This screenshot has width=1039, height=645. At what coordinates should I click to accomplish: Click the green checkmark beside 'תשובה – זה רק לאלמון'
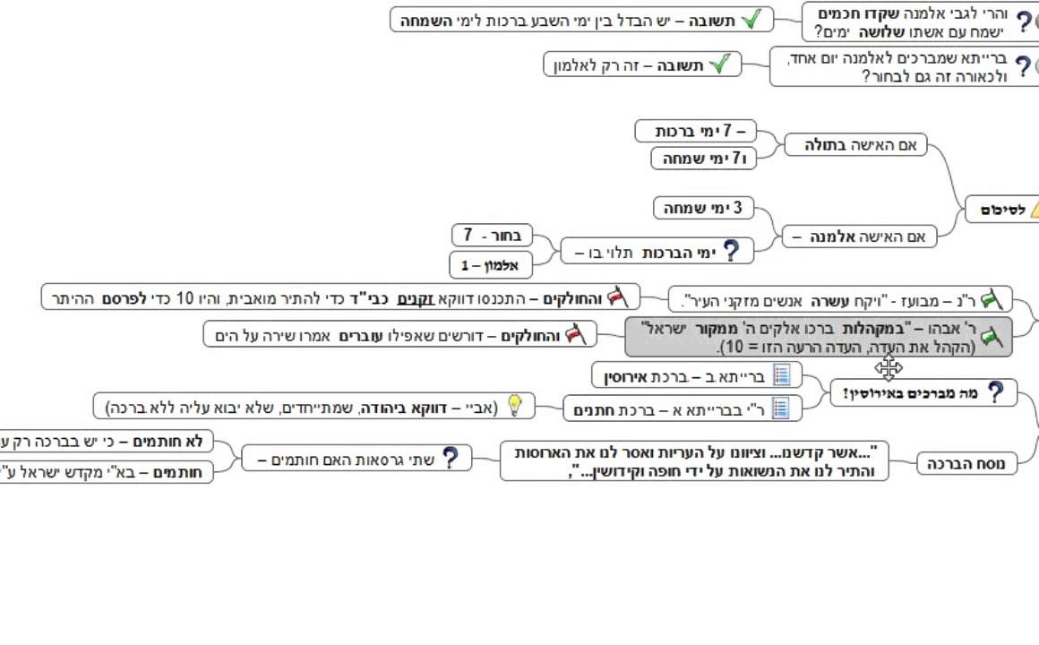pyautogui.click(x=720, y=64)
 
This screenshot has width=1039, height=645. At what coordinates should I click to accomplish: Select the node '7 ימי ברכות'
pyautogui.click(x=694, y=132)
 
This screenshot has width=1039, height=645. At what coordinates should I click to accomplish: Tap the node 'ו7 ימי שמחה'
pyautogui.click(x=703, y=159)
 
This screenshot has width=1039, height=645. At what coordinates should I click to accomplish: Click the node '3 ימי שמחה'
pyautogui.click(x=703, y=209)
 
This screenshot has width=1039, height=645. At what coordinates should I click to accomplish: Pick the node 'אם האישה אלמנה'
pyautogui.click(x=859, y=237)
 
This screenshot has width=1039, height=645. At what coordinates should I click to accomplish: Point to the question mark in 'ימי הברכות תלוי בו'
pyautogui.click(x=732, y=252)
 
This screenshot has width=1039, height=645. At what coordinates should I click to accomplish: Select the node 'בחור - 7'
pyautogui.click(x=492, y=236)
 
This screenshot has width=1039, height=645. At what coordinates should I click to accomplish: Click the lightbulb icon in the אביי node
pyautogui.click(x=515, y=407)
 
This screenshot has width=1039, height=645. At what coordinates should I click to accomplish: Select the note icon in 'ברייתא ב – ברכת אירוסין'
pyautogui.click(x=781, y=374)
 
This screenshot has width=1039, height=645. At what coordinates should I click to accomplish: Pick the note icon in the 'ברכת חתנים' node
pyautogui.click(x=781, y=408)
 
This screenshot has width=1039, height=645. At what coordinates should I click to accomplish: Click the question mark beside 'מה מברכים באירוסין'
pyautogui.click(x=996, y=392)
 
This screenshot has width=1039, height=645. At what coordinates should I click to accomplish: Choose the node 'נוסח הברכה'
pyautogui.click(x=967, y=463)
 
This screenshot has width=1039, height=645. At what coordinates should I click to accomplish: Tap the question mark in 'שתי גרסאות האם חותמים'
pyautogui.click(x=451, y=459)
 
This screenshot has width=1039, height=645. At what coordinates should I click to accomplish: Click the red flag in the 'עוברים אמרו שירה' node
pyautogui.click(x=574, y=336)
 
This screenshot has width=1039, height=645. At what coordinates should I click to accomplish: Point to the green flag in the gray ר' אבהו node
pyautogui.click(x=991, y=337)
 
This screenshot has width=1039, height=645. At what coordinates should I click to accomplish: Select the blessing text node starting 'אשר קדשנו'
pyautogui.click(x=694, y=460)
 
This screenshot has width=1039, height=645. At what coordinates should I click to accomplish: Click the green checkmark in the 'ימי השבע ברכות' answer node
pyautogui.click(x=751, y=19)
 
